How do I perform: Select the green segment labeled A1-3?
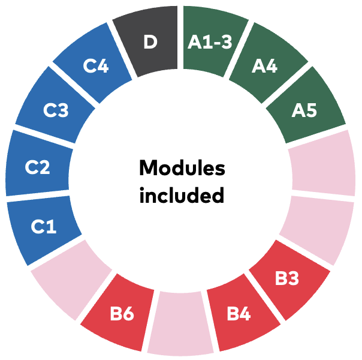click(x=211, y=41)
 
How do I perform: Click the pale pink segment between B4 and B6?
click(x=180, y=323)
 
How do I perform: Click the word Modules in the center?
click(x=182, y=167)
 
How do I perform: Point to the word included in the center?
click(x=182, y=195)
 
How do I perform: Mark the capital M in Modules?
click(x=149, y=168)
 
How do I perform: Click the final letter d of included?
click(x=217, y=195)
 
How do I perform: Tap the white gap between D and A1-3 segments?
click(x=180, y=37)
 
